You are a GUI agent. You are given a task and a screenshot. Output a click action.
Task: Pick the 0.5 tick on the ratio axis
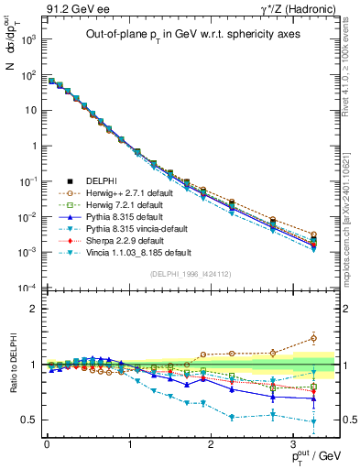click(27, 420)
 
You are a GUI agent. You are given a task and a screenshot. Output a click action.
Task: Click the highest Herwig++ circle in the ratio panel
click(314, 338)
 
